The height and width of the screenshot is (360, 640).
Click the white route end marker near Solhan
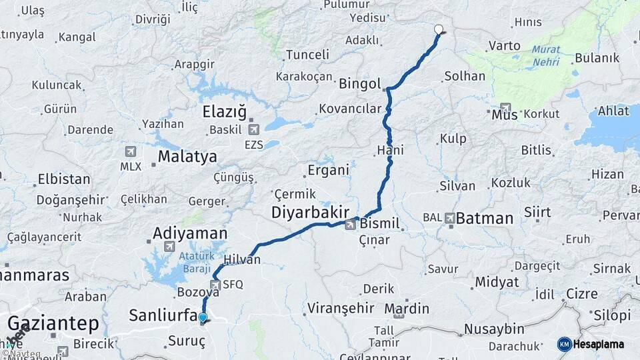439,29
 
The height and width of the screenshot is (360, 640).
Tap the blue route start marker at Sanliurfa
203,319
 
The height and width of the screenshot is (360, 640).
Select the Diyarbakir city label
310,212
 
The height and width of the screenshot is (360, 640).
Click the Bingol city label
359,84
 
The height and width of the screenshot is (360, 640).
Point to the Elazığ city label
224,112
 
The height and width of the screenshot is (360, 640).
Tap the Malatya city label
187,157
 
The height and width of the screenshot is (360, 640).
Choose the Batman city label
485,218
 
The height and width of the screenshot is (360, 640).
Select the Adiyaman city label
190,233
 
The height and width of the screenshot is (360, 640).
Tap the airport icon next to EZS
253,129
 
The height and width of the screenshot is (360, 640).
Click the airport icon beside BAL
450,217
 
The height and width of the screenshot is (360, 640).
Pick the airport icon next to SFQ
215,285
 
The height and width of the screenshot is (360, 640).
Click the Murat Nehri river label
546,55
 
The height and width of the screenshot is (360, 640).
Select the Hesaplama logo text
599,344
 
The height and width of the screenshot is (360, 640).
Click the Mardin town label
407,309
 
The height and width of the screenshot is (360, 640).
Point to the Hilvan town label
242,260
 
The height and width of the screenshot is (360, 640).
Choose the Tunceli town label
307,55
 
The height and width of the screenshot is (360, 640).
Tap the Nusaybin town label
493,329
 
